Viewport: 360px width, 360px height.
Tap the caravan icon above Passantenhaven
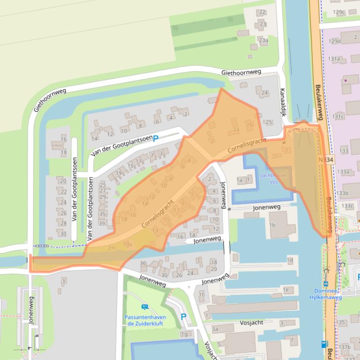tap(145, 307)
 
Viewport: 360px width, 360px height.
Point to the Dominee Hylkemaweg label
tap(328, 294)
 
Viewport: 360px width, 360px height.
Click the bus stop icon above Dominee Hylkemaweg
tap(325, 283)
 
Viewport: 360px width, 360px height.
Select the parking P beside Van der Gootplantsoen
tap(156, 138)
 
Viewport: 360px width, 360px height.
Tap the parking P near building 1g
tap(184, 317)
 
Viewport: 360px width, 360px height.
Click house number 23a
tap(264, 41)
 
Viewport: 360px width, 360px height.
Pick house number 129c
tap(338, 12)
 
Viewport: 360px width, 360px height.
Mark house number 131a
tap(334, 59)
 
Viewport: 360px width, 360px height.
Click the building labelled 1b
tap(272, 225)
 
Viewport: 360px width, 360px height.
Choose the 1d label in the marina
tap(290, 260)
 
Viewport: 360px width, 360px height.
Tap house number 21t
tap(111, 248)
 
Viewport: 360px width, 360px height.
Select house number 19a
tap(128, 244)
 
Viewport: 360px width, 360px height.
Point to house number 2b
tap(250, 125)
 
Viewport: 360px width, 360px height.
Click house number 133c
tap(347, 205)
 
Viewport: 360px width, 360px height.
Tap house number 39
tap(102, 223)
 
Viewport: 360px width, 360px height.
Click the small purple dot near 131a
tap(345, 80)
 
